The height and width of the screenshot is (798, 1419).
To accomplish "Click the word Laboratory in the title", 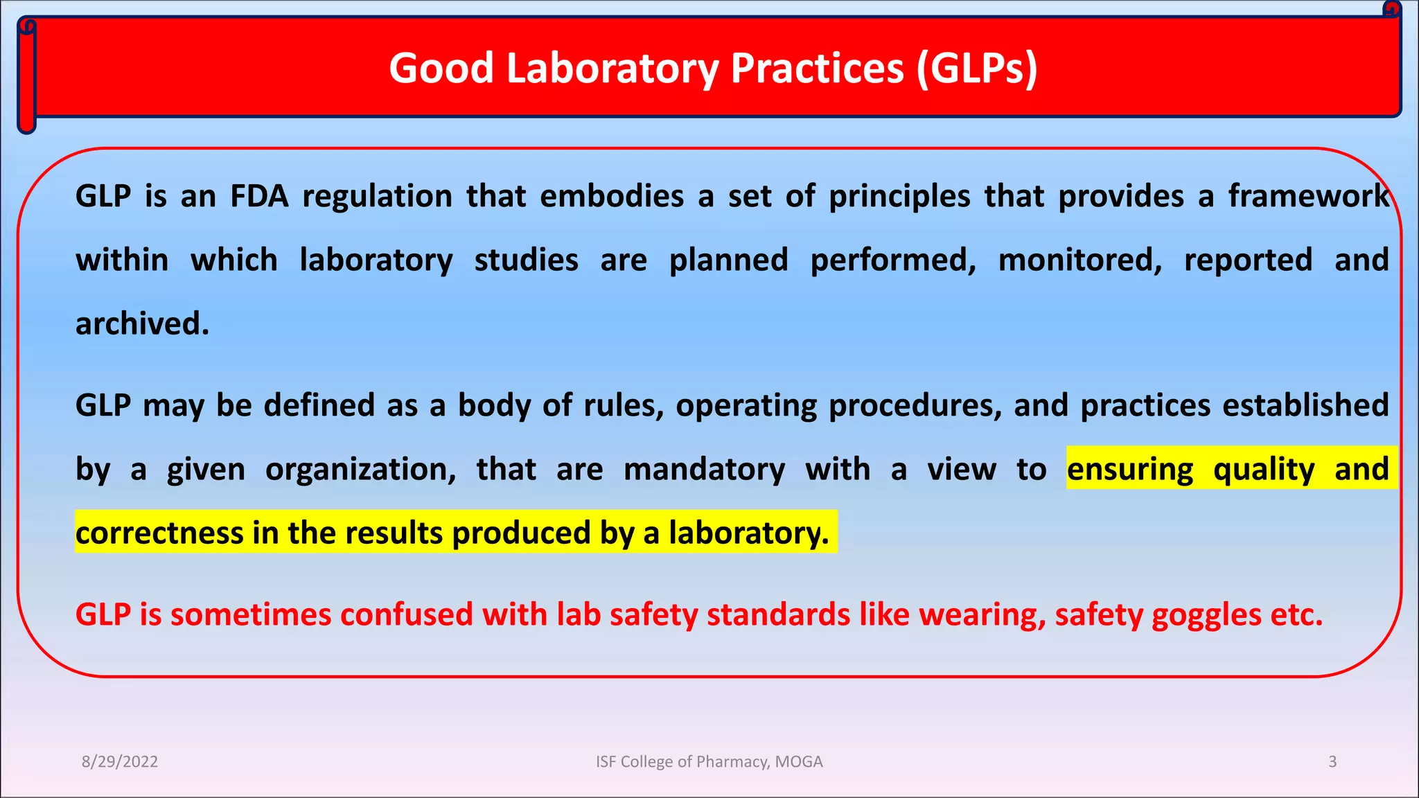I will click(613, 69).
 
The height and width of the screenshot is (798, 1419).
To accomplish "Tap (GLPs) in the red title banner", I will click(977, 69).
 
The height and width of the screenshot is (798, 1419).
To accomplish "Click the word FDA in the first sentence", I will click(259, 196).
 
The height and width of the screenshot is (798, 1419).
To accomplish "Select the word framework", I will click(1309, 196).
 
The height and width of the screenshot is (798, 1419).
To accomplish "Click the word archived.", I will click(142, 323).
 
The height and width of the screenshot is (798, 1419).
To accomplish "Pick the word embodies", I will click(612, 196).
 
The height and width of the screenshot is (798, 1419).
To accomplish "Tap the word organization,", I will click(361, 470).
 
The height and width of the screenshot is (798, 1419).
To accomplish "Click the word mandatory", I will click(704, 469).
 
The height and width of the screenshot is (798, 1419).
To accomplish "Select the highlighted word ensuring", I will click(1130, 469).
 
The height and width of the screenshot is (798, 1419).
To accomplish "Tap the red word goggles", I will click(1206, 615).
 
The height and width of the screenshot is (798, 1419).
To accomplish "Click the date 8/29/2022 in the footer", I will click(120, 762).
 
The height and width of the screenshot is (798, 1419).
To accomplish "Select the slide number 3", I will click(1332, 762).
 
